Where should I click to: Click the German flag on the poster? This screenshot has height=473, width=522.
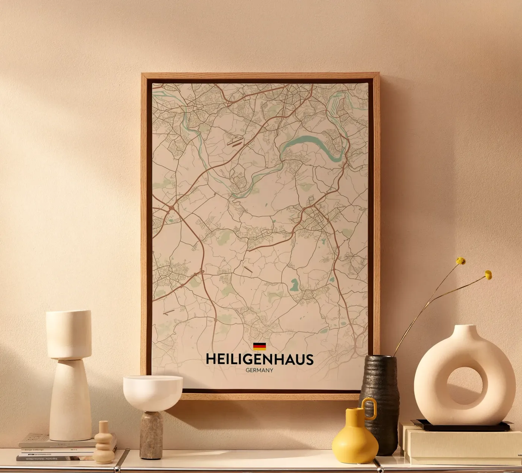pyautogui.click(x=260, y=347)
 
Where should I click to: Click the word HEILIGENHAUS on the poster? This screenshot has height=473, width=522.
pyautogui.click(x=260, y=359)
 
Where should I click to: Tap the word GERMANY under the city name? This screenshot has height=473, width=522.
pyautogui.click(x=260, y=370)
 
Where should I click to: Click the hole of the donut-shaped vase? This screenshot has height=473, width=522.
pyautogui.click(x=463, y=386)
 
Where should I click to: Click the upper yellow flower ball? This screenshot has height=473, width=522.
pyautogui.click(x=461, y=261)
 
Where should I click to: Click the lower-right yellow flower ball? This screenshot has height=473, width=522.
pyautogui.click(x=488, y=275)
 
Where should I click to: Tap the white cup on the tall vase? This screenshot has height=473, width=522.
pyautogui.click(x=69, y=334)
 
